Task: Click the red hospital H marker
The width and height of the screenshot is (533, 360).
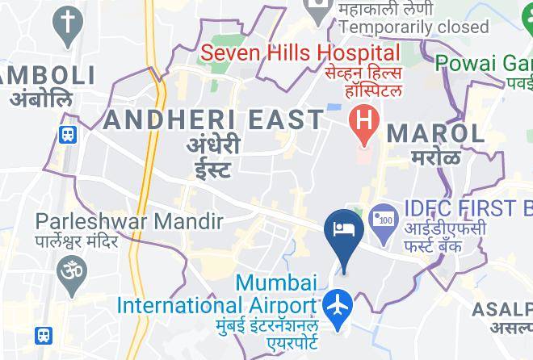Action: (x=365, y=123)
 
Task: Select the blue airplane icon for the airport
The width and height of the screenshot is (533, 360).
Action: (x=336, y=307)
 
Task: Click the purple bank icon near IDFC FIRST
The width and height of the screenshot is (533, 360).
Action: (x=381, y=217)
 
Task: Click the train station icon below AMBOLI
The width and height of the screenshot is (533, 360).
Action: (x=68, y=135)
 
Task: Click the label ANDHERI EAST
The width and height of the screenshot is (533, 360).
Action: (x=214, y=120)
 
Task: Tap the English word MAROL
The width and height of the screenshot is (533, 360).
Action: (x=436, y=132)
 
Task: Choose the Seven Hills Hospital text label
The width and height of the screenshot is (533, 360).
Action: (x=300, y=54)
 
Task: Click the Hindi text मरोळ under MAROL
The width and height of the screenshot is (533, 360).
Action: (x=436, y=156)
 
